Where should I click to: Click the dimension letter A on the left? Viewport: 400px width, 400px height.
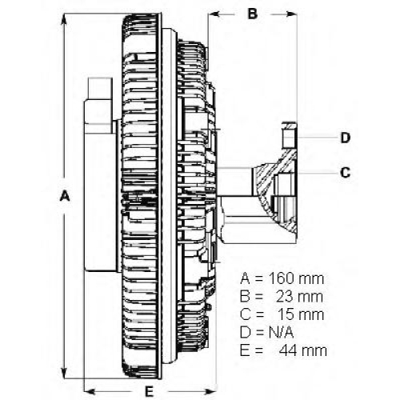[65, 196]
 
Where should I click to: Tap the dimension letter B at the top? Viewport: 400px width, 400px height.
[253, 14]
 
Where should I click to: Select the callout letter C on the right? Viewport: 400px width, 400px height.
[346, 173]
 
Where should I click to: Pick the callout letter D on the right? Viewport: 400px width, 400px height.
[346, 138]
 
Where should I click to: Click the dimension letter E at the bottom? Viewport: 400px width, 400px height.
[149, 391]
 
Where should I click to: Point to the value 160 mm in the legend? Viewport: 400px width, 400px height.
[296, 278]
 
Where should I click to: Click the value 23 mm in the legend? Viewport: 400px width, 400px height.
[299, 297]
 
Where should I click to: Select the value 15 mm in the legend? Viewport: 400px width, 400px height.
[301, 314]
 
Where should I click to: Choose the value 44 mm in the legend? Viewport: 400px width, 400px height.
[303, 350]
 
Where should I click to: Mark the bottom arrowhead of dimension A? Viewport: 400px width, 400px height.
[64, 372]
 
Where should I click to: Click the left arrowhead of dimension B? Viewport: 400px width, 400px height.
[214, 14]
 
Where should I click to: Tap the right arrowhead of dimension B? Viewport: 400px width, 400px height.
[291, 14]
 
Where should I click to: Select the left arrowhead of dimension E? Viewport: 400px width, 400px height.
[90, 392]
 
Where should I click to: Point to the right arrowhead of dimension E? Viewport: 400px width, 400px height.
[210, 392]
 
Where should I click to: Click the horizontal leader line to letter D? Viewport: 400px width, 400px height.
[318, 138]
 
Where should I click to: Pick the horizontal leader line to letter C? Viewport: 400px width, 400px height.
[318, 173]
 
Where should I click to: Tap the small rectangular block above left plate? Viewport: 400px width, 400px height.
[100, 89]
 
